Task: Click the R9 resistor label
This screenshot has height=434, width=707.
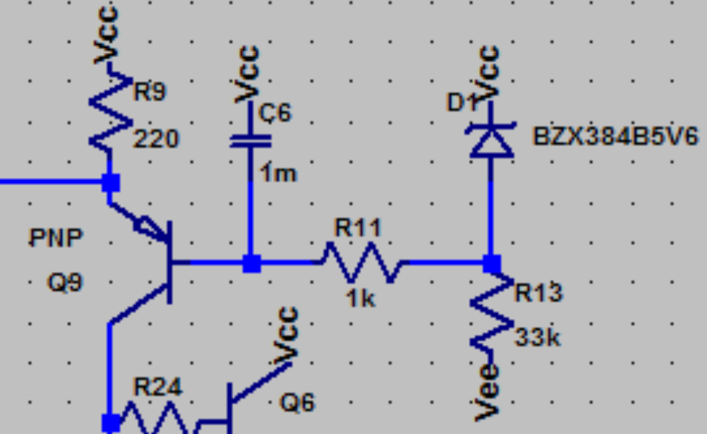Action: click(149, 92)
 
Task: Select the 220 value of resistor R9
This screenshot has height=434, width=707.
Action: click(156, 138)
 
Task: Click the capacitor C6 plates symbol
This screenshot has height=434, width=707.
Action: click(251, 140)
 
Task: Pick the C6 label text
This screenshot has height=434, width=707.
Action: click(275, 113)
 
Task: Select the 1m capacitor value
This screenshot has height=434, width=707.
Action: click(279, 173)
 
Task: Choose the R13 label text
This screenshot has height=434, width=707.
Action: click(538, 293)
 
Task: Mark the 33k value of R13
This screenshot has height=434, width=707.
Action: click(538, 338)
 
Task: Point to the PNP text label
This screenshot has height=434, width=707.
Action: click(56, 238)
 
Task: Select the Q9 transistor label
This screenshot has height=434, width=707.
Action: click(65, 283)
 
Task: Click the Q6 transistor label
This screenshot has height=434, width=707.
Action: click(297, 403)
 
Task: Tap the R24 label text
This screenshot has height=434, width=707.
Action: click(158, 388)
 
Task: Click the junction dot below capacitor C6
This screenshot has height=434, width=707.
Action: click(251, 263)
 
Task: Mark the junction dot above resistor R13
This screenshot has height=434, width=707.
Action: click(491, 263)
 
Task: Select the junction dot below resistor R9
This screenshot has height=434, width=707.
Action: click(110, 183)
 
